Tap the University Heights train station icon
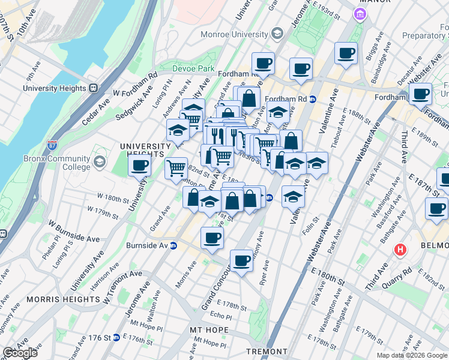tap(93, 88)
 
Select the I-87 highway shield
tap(52, 145)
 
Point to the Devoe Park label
tap(193, 69)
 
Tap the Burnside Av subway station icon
tap(173, 245)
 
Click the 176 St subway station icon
tap(116, 338)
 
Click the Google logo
tap(20, 353)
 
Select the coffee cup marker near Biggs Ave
tap(346, 53)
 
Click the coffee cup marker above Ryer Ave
tap(241, 260)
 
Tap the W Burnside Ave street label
tap(74, 238)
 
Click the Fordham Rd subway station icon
tap(313, 99)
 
